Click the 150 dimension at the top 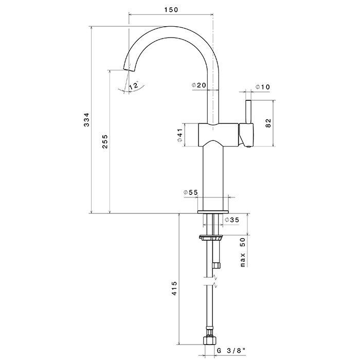pyautogui.click(x=171, y=10)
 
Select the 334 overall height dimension pyautogui.click(x=87, y=120)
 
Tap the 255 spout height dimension pyautogui.click(x=105, y=141)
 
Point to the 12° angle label pyautogui.click(x=134, y=86)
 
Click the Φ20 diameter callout pyautogui.click(x=199, y=85)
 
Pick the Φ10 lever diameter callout pyautogui.click(x=263, y=87)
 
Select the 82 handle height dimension pyautogui.click(x=268, y=123)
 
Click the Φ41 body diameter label pyautogui.click(x=180, y=135)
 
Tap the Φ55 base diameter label pyautogui.click(x=190, y=192)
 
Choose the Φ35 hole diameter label pyautogui.click(x=232, y=220)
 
